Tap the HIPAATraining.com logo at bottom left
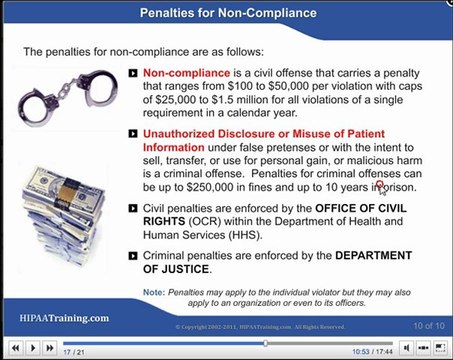point(64,318)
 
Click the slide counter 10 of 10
point(413,326)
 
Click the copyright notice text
point(260,326)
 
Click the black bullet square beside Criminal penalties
point(134,257)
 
